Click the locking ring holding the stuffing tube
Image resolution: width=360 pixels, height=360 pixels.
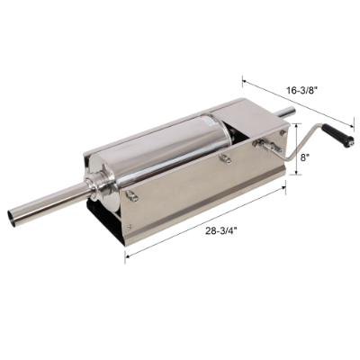[x=94, y=191]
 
